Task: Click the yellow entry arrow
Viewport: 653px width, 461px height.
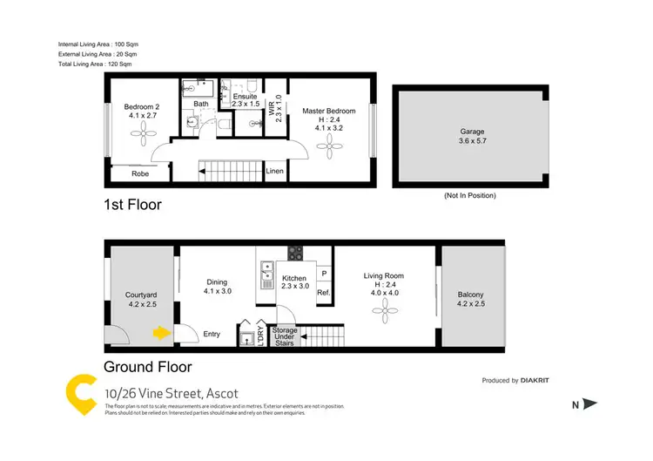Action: point(160,332)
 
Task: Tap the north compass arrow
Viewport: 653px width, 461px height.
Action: point(589,403)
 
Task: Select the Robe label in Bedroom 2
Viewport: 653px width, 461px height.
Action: point(140,173)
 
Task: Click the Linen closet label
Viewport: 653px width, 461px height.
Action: point(274,172)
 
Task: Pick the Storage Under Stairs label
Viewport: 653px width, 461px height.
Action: point(286,337)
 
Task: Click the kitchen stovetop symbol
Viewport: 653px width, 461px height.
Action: point(295,254)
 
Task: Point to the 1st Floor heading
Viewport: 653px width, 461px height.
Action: point(132,205)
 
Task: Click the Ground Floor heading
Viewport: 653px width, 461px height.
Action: point(147,367)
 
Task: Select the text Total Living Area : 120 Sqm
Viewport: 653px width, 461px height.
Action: point(95,64)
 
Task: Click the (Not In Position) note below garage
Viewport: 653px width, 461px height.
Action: point(469,196)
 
